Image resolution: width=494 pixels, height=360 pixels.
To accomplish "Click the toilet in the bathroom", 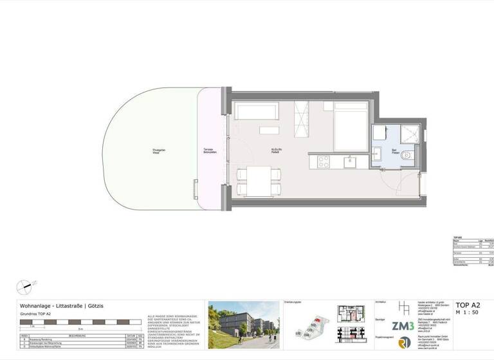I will [406, 156].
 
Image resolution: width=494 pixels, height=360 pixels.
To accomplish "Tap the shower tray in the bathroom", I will [408, 133].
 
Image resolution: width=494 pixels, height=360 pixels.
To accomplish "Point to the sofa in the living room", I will [255, 111].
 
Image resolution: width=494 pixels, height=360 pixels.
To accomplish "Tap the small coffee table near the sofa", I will [268, 130].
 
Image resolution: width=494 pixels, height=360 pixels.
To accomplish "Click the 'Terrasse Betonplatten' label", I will [206, 152].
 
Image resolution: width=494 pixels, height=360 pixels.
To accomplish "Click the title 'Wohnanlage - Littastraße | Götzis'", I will [61, 305].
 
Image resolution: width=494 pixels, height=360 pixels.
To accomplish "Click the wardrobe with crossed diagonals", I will [302, 117].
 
